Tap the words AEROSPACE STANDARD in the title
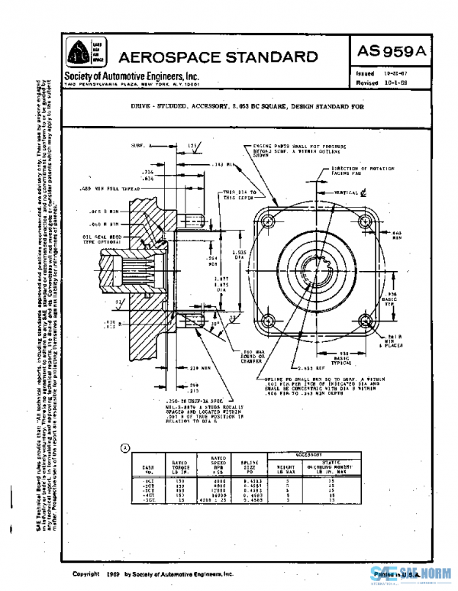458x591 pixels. (x=218, y=57)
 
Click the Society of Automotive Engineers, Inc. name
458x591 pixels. (x=131, y=76)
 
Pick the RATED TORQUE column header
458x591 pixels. (x=180, y=465)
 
